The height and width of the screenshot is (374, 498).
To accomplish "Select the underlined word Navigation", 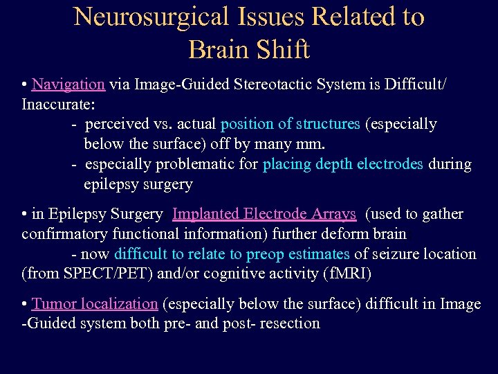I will [x=68, y=84].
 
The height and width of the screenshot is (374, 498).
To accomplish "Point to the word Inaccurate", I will [x=58, y=104].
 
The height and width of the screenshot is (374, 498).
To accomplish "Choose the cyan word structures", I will [x=326, y=124].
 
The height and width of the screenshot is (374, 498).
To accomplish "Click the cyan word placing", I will [x=286, y=165].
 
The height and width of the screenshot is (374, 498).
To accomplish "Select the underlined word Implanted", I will [x=206, y=215].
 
